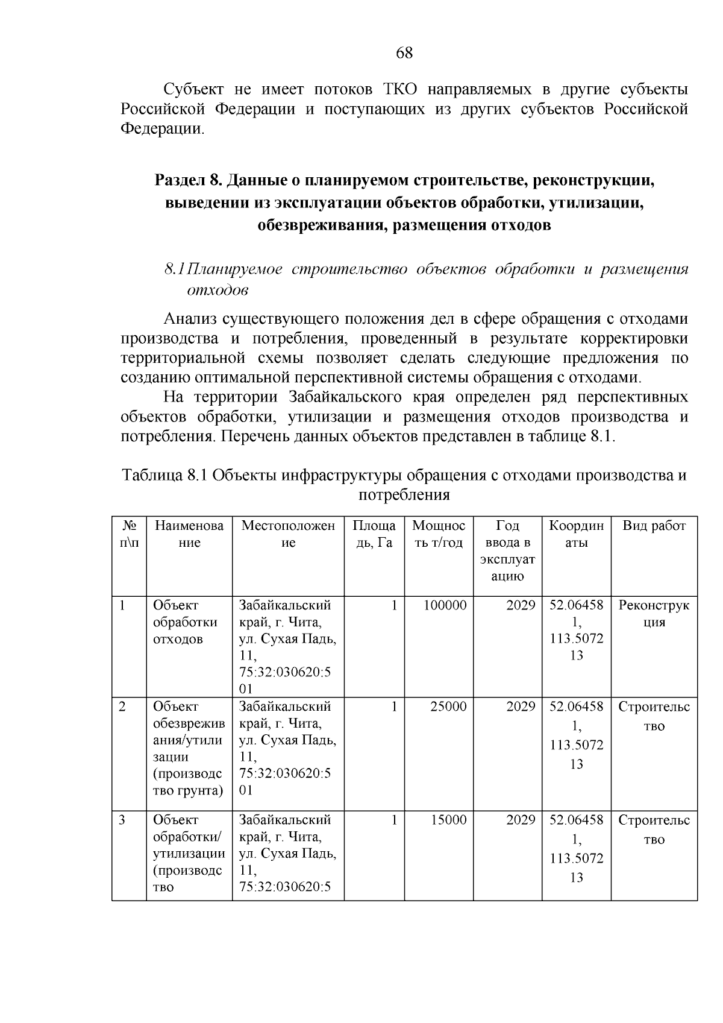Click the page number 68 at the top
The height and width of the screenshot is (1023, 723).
(x=404, y=53)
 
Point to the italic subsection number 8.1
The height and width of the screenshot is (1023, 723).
(x=174, y=269)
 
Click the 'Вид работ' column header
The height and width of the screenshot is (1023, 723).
(x=654, y=526)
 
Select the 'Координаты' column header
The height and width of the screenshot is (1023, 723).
(x=576, y=534)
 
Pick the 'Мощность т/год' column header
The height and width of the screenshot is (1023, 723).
(x=439, y=534)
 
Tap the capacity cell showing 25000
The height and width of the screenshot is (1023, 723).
(x=448, y=707)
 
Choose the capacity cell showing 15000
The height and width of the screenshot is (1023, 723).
(x=448, y=820)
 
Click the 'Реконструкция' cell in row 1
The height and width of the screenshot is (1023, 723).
(x=654, y=614)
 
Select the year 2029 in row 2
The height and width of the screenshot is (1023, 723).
(x=521, y=707)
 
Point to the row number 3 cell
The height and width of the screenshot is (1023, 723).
(x=122, y=820)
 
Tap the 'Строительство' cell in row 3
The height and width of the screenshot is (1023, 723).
(x=654, y=829)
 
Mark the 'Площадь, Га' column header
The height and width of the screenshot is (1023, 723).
(x=374, y=534)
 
